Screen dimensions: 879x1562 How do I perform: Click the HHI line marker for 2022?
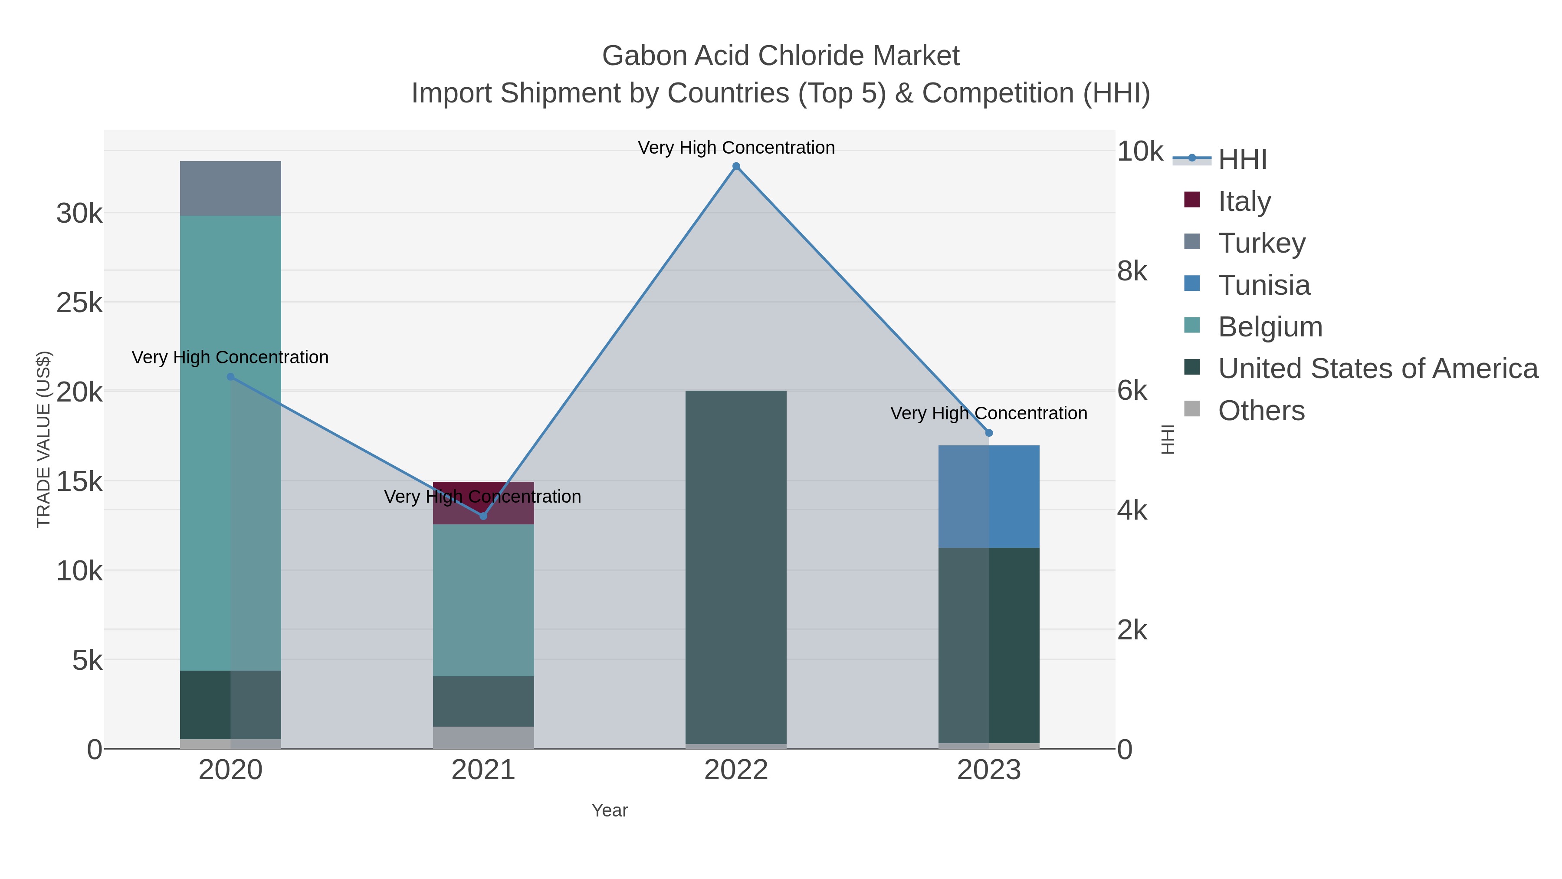[x=736, y=166]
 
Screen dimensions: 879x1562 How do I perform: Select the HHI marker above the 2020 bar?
[x=230, y=377]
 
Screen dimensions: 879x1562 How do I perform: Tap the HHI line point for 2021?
[x=483, y=516]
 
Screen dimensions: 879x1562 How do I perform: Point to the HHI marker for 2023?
[x=989, y=433]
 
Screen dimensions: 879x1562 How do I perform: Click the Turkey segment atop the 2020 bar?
[x=230, y=189]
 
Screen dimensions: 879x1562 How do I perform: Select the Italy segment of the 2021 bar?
[x=483, y=503]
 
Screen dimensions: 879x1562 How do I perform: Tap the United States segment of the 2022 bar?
[x=736, y=567]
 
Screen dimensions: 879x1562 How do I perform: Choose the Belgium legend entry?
[x=1270, y=327]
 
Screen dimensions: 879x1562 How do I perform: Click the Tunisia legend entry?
[x=1263, y=285]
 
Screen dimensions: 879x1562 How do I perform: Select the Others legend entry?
[x=1260, y=411]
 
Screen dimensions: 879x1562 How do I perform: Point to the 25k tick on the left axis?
[x=79, y=303]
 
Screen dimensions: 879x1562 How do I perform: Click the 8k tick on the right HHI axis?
[x=1132, y=271]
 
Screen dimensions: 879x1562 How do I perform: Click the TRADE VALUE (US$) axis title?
[x=44, y=439]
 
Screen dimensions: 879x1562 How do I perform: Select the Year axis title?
[x=610, y=810]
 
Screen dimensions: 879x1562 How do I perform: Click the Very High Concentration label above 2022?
[x=736, y=148]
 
